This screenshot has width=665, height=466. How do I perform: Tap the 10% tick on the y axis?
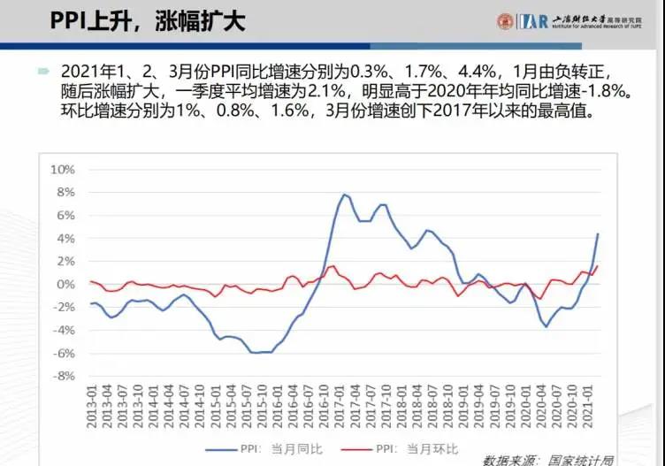tap(65, 169)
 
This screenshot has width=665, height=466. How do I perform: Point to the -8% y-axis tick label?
tap(65, 376)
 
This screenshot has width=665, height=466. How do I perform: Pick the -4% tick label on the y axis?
tap(65, 330)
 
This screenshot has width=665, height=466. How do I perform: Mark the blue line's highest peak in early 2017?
tap(345, 195)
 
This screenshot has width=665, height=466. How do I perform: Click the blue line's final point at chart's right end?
tap(598, 233)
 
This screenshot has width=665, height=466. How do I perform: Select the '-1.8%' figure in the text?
tap(598, 92)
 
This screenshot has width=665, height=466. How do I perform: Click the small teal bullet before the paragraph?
tap(42, 71)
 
